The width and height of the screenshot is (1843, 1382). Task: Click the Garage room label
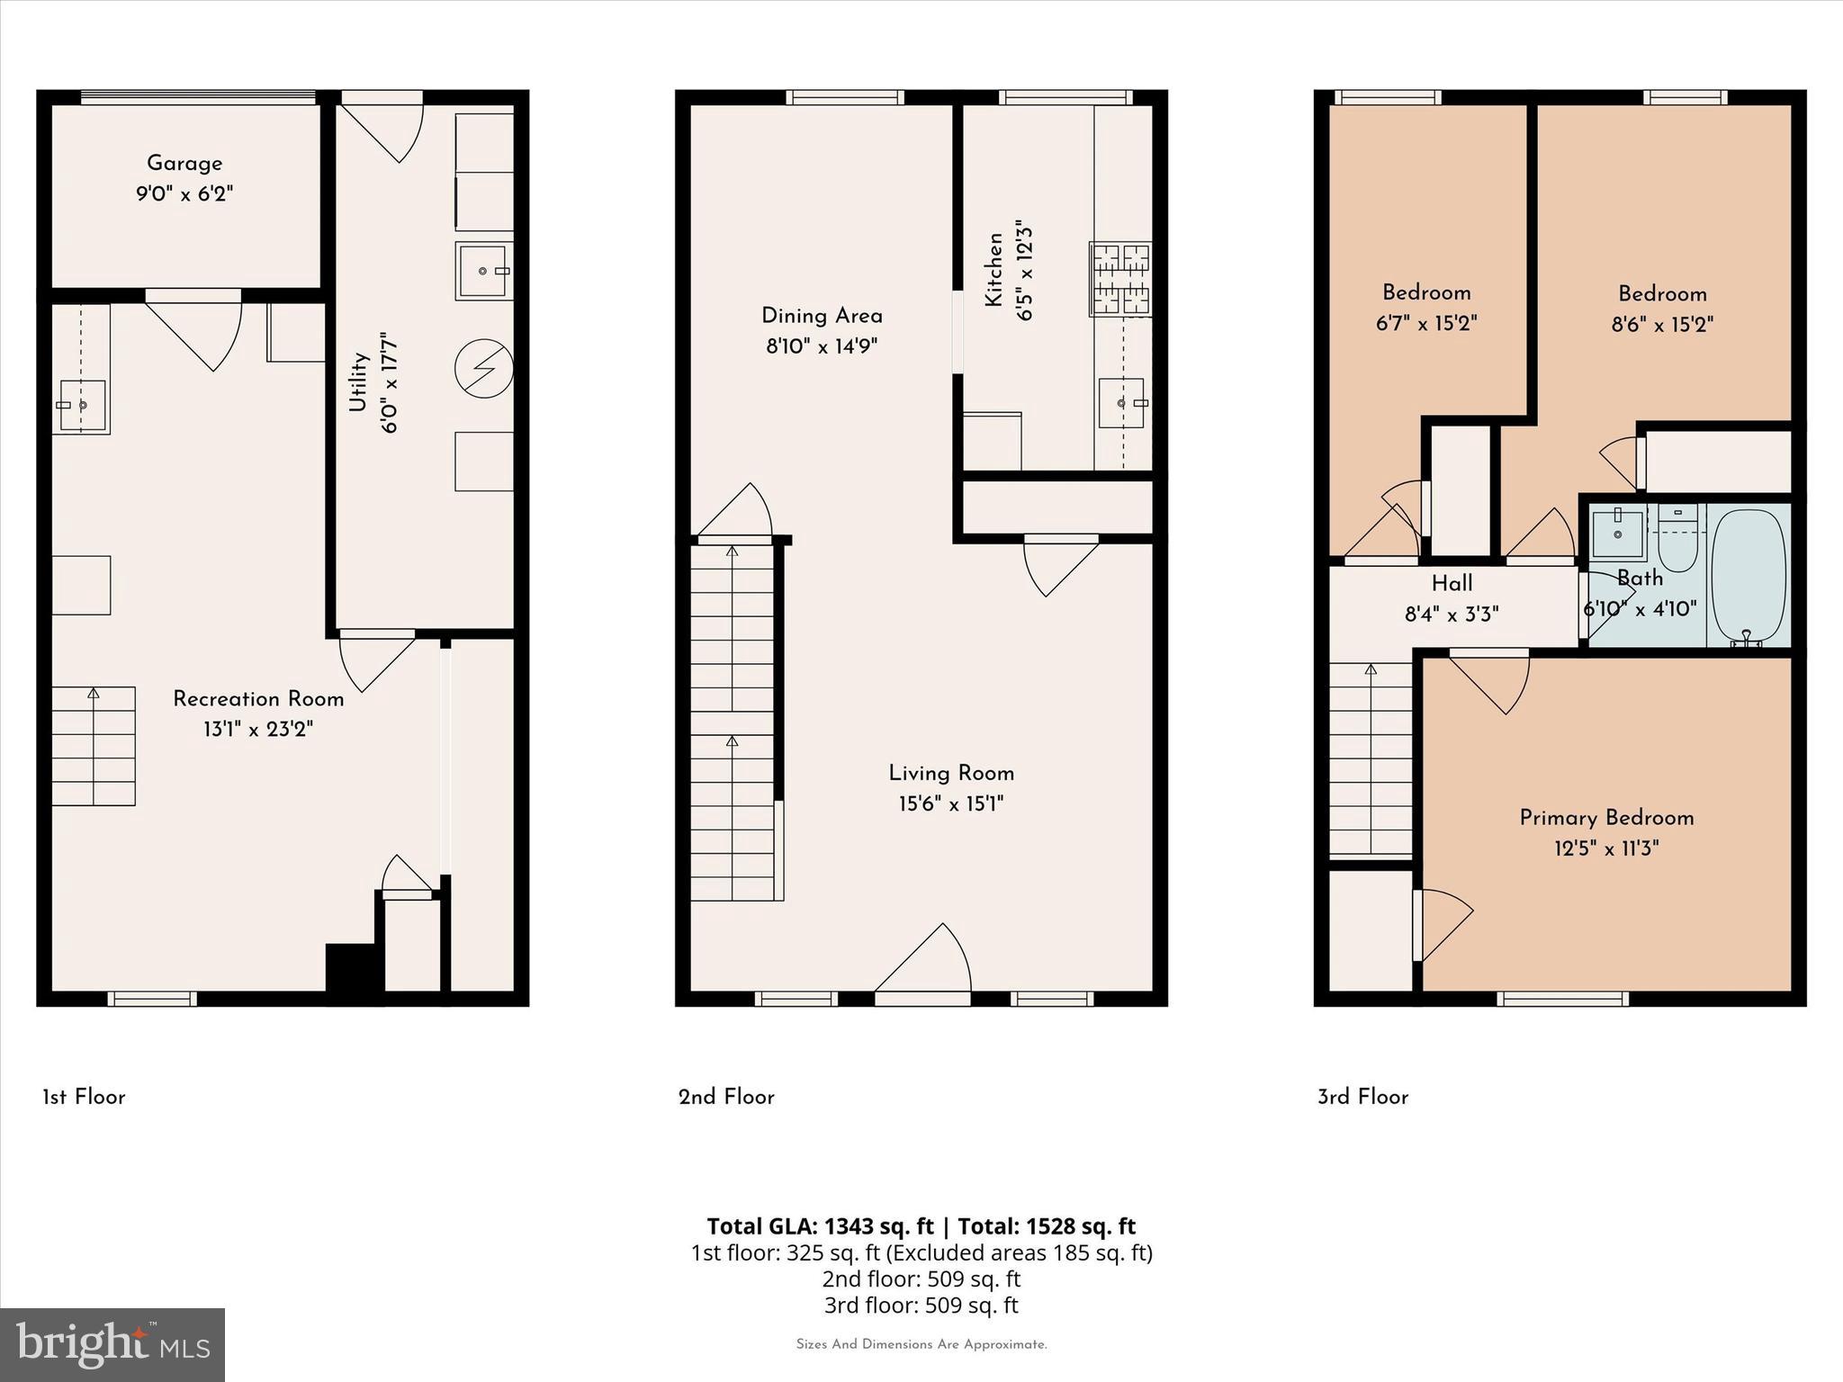[x=184, y=163]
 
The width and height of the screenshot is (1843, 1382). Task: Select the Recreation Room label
[x=258, y=699]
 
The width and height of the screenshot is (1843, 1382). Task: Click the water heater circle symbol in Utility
[x=483, y=369]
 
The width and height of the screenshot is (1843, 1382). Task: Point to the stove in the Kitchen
[x=1120, y=279]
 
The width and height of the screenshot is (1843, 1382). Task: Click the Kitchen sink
[x=1121, y=403]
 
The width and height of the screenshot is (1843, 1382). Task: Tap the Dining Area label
[x=822, y=316]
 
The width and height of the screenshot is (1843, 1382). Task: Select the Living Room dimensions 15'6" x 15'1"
[x=951, y=803]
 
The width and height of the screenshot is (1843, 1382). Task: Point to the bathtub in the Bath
[x=1748, y=576]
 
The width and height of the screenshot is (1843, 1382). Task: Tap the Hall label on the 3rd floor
[x=1452, y=583]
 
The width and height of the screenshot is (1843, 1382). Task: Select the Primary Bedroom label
[x=1606, y=818]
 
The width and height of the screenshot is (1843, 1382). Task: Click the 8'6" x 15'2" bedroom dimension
[x=1662, y=324]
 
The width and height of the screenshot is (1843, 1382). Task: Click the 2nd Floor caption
[x=726, y=1097]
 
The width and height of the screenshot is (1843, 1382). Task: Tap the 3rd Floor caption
[x=1362, y=1097]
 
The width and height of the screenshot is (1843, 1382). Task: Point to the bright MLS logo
[x=112, y=1344]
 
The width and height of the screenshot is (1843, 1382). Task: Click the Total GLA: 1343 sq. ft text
[x=820, y=1226]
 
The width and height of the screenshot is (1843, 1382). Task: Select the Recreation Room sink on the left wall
[x=81, y=405]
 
